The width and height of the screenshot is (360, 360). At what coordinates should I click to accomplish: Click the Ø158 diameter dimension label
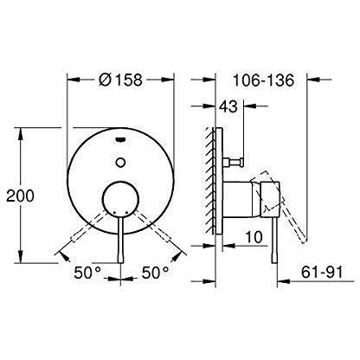[122, 80]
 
